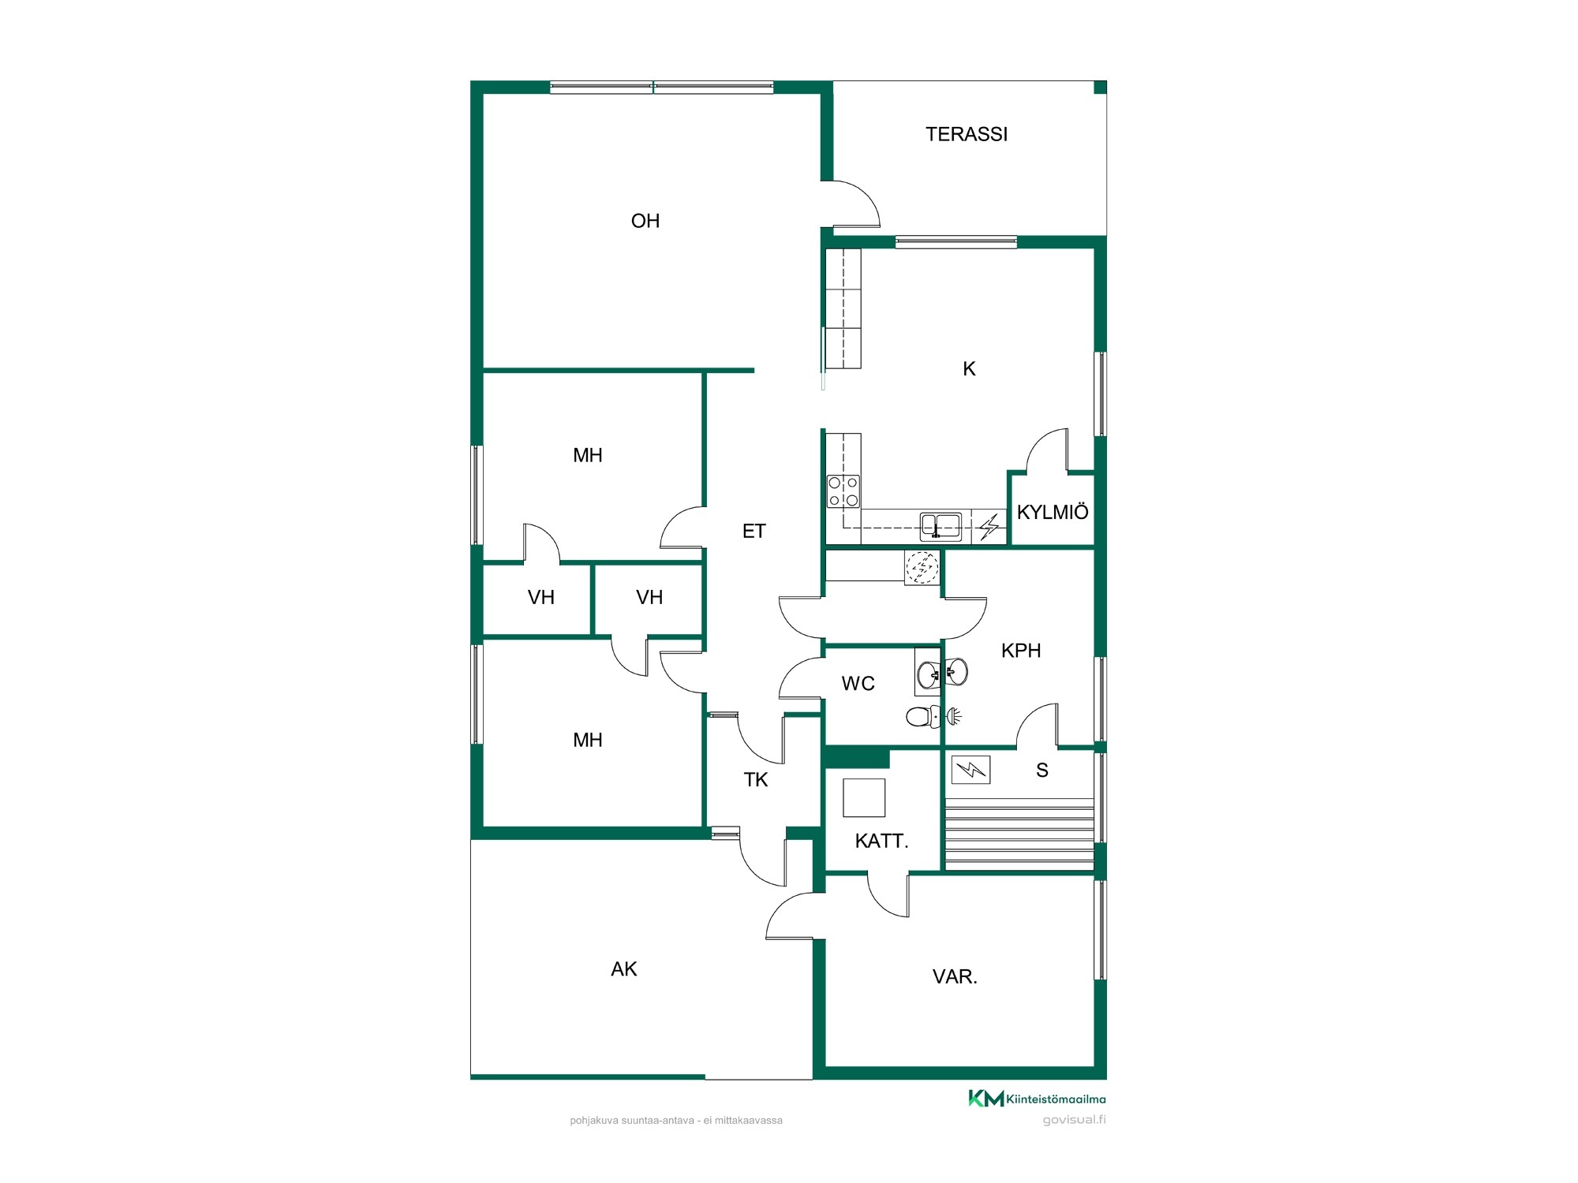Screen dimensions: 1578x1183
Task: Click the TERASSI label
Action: (967, 134)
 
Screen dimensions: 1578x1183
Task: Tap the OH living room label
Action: (645, 221)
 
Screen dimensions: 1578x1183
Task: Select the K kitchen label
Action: (970, 368)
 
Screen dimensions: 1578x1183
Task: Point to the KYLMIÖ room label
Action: (1053, 512)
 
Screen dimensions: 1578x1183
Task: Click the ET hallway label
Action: (753, 531)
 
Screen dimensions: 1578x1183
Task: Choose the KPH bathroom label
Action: (1021, 651)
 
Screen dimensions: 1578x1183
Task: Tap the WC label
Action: (858, 684)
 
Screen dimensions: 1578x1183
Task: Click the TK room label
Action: (756, 780)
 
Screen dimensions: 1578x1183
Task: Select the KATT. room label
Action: (881, 842)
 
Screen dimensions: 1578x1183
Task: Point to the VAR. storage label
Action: (955, 977)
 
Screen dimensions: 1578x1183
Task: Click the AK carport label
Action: (623, 969)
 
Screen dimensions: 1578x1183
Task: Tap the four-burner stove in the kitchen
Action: (843, 491)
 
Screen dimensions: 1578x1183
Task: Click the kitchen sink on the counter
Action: (941, 525)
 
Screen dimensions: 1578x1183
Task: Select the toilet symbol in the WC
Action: (924, 716)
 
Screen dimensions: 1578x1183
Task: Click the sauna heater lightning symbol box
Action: (971, 770)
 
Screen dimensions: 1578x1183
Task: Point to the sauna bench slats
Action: (1019, 834)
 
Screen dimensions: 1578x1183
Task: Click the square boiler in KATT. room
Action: (864, 797)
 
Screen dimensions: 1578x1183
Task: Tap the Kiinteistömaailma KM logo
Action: (986, 1099)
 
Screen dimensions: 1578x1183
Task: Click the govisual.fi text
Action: (1074, 1120)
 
